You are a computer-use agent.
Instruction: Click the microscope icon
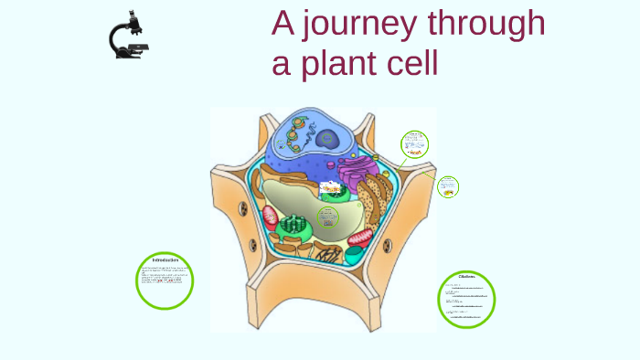point(129,37)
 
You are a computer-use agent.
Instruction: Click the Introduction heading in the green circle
point(165,261)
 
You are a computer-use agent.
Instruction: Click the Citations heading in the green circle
point(466,276)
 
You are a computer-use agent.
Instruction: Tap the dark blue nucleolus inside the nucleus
point(326,140)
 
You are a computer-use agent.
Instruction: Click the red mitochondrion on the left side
point(271,217)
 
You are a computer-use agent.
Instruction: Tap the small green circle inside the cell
point(327,217)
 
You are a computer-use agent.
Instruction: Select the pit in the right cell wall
point(388,245)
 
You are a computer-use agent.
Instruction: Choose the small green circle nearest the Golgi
point(415,143)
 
